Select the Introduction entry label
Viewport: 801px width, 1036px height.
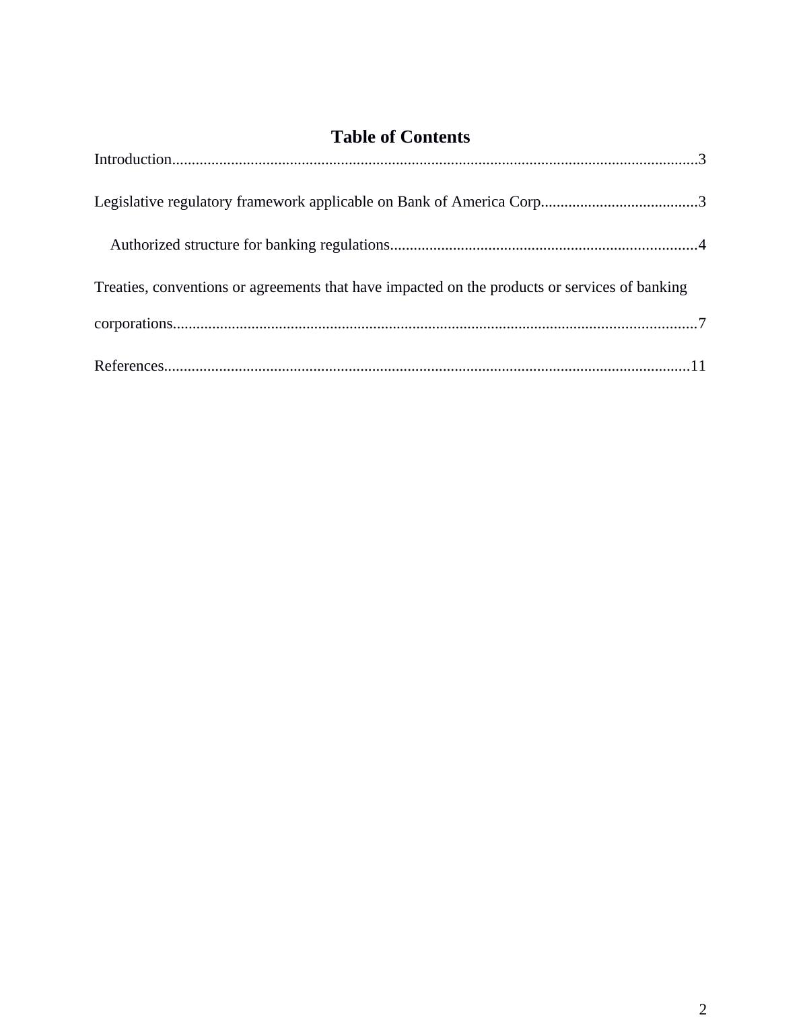133,159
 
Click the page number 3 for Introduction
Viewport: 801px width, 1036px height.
702,159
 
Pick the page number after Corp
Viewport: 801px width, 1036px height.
702,202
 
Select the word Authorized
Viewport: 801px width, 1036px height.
145,245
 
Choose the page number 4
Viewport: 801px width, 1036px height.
702,245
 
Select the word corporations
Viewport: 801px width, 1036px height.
133,324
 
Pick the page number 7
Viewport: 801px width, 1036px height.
702,324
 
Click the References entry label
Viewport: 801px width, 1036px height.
129,366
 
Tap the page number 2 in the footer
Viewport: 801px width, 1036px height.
703,1009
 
